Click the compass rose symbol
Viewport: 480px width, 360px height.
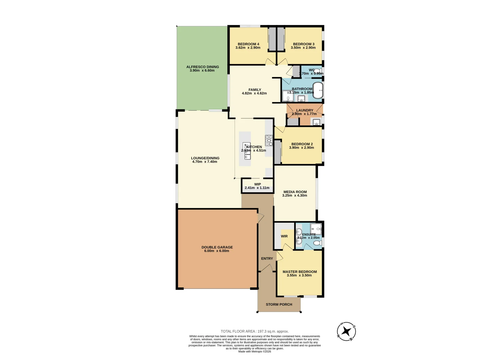click(346, 332)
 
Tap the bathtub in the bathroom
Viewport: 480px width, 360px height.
click(318, 90)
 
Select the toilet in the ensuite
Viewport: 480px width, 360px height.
click(317, 242)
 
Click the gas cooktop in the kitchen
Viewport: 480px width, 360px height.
click(269, 140)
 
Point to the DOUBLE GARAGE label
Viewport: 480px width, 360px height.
click(217, 247)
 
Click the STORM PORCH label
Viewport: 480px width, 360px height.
click(279, 304)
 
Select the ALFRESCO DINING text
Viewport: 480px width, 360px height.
click(202, 67)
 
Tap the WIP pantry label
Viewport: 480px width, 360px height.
click(257, 184)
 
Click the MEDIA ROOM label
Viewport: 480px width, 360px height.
click(295, 192)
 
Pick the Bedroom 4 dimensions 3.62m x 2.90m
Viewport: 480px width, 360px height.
click(248, 48)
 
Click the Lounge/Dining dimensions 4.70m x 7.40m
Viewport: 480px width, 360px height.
click(205, 162)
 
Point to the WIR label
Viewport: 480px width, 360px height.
click(284, 236)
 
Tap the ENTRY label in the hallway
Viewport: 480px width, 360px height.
click(267, 259)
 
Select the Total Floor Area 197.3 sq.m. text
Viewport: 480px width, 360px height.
click(255, 331)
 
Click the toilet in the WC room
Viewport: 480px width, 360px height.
click(317, 70)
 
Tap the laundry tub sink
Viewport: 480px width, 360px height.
click(316, 122)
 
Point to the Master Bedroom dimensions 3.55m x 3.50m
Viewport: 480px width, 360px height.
click(299, 275)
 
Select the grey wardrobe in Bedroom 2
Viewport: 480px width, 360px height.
click(277, 152)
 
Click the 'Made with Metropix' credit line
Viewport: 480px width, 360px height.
click(255, 351)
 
